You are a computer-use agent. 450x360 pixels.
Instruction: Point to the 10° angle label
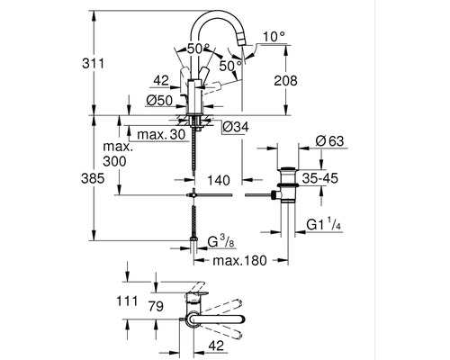[274, 37]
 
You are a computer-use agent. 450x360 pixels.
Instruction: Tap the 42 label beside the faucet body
[163, 79]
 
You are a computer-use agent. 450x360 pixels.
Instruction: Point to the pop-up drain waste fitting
[286, 184]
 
